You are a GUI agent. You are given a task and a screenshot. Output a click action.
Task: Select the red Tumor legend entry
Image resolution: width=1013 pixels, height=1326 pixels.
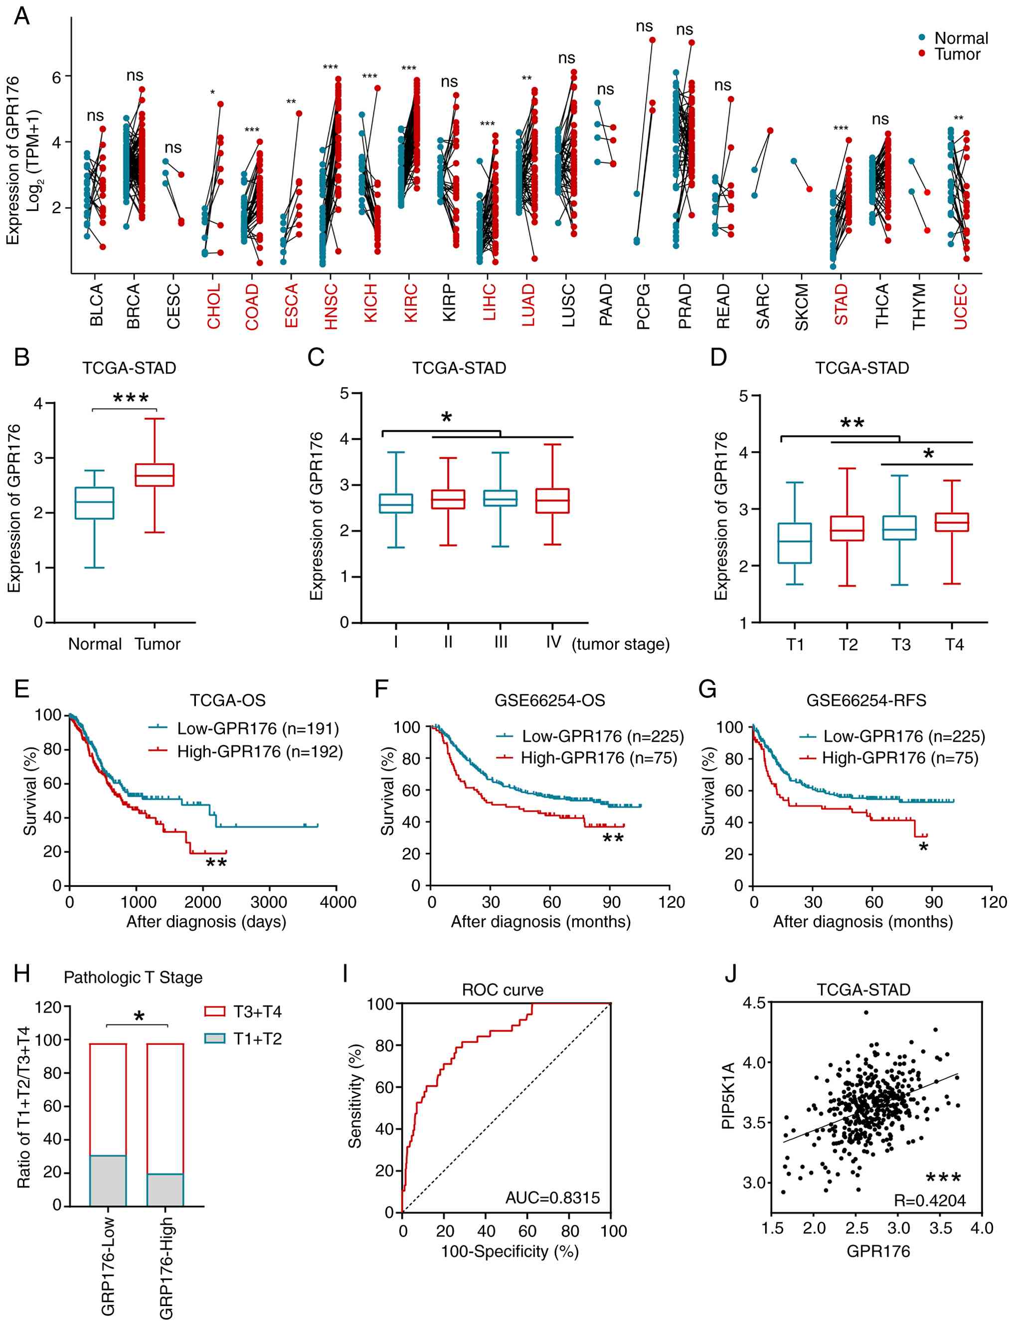[x=956, y=54]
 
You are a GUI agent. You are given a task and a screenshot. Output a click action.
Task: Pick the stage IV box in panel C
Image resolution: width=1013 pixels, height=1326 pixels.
[x=552, y=500]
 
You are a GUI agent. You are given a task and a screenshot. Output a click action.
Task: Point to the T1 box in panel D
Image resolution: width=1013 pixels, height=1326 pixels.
[x=795, y=543]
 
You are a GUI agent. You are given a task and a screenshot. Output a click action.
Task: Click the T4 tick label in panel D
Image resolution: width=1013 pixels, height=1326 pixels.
[x=954, y=645]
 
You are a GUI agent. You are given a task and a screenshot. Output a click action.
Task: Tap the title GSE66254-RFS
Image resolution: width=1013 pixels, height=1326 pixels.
[x=866, y=700]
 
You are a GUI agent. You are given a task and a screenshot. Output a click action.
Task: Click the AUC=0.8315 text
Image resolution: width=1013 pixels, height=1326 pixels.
[x=552, y=1197]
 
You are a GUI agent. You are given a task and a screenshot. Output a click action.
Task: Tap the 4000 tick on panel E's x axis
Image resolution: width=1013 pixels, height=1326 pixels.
[x=338, y=902]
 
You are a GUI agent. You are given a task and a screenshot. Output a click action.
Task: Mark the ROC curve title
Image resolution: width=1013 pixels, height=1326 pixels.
[x=503, y=990]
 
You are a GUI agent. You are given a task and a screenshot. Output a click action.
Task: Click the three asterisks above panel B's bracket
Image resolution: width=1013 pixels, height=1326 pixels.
[x=130, y=398]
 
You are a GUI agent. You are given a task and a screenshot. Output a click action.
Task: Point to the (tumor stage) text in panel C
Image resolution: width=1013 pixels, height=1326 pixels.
[x=621, y=644]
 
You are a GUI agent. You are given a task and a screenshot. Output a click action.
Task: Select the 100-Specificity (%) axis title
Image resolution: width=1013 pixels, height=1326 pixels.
[x=509, y=1251]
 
